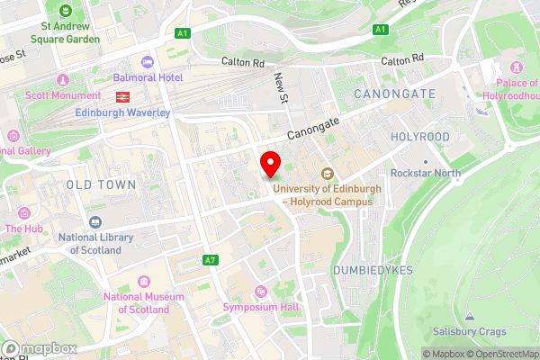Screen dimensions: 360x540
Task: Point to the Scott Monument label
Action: pyautogui.click(x=64, y=96)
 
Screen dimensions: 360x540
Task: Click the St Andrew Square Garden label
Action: pyautogui.click(x=64, y=32)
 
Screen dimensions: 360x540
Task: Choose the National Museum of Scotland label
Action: pyautogui.click(x=136, y=303)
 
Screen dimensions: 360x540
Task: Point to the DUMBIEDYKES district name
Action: pyautogui.click(x=371, y=270)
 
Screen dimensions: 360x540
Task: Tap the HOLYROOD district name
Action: pyautogui.click(x=420, y=137)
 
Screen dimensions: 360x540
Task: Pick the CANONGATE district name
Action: pyautogui.click(x=394, y=94)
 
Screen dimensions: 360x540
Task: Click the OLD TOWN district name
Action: pyautogui.click(x=101, y=184)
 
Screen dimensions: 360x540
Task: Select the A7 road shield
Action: pyautogui.click(x=211, y=260)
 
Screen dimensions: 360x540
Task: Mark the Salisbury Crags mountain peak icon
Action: pyautogui.click(x=470, y=316)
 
